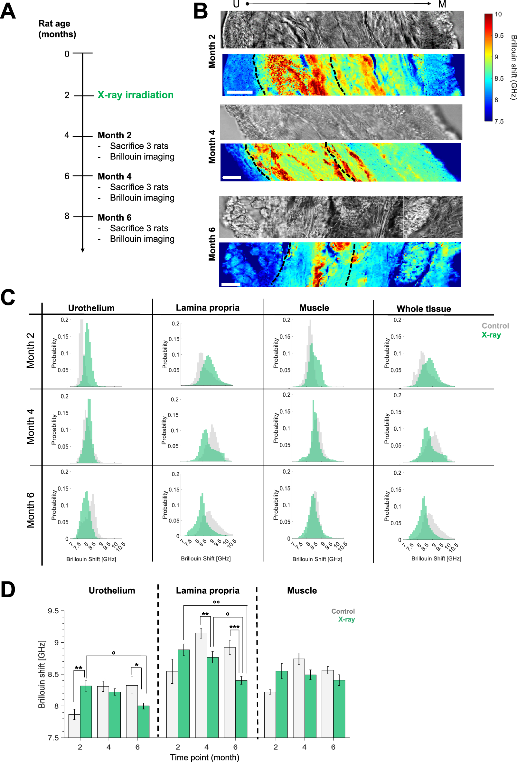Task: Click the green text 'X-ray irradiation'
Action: point(135,95)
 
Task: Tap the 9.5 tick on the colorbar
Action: point(499,36)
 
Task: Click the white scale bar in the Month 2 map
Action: point(239,92)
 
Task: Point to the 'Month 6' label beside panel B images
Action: point(212,243)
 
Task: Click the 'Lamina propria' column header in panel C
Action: point(208,308)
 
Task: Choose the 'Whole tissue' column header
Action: point(424,309)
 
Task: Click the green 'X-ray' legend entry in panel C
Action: point(491,335)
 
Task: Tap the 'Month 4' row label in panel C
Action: point(31,426)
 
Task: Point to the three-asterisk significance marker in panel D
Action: point(234,627)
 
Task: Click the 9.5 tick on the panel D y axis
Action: point(53,611)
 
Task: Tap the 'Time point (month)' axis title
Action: point(205,757)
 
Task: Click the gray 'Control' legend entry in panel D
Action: point(343,611)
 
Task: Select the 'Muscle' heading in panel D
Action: point(302,590)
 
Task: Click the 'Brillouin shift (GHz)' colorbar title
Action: point(513,67)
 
